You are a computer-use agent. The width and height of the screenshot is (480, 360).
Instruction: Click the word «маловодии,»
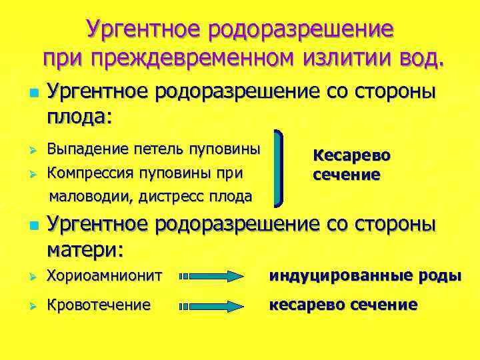(91, 196)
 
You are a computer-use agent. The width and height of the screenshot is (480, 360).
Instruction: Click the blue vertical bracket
(281, 167)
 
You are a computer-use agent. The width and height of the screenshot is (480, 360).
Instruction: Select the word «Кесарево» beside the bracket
(351, 155)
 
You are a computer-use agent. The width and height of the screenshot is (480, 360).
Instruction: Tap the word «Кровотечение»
(99, 305)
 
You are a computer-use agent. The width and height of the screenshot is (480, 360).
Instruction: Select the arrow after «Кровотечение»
(213, 306)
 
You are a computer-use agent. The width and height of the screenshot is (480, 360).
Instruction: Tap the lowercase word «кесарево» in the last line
(306, 305)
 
